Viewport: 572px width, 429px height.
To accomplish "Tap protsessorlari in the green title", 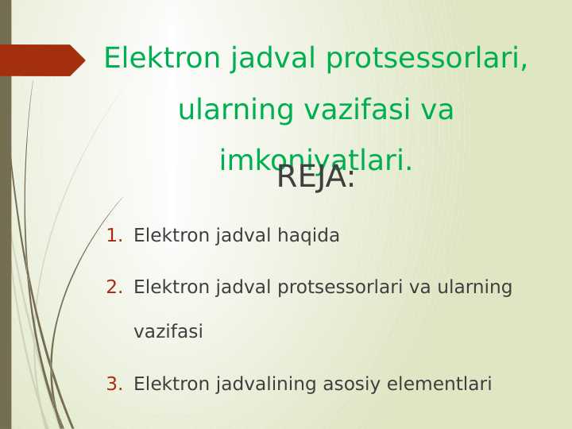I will [426, 59].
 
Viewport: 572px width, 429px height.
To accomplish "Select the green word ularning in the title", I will [228, 110].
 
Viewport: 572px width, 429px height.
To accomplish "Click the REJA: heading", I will [315, 178].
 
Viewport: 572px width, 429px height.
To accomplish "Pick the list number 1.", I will [114, 236].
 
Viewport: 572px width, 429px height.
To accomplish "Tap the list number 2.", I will [114, 288].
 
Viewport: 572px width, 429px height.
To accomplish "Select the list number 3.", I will [114, 385].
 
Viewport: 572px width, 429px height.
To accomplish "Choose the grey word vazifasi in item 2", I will [168, 332].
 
